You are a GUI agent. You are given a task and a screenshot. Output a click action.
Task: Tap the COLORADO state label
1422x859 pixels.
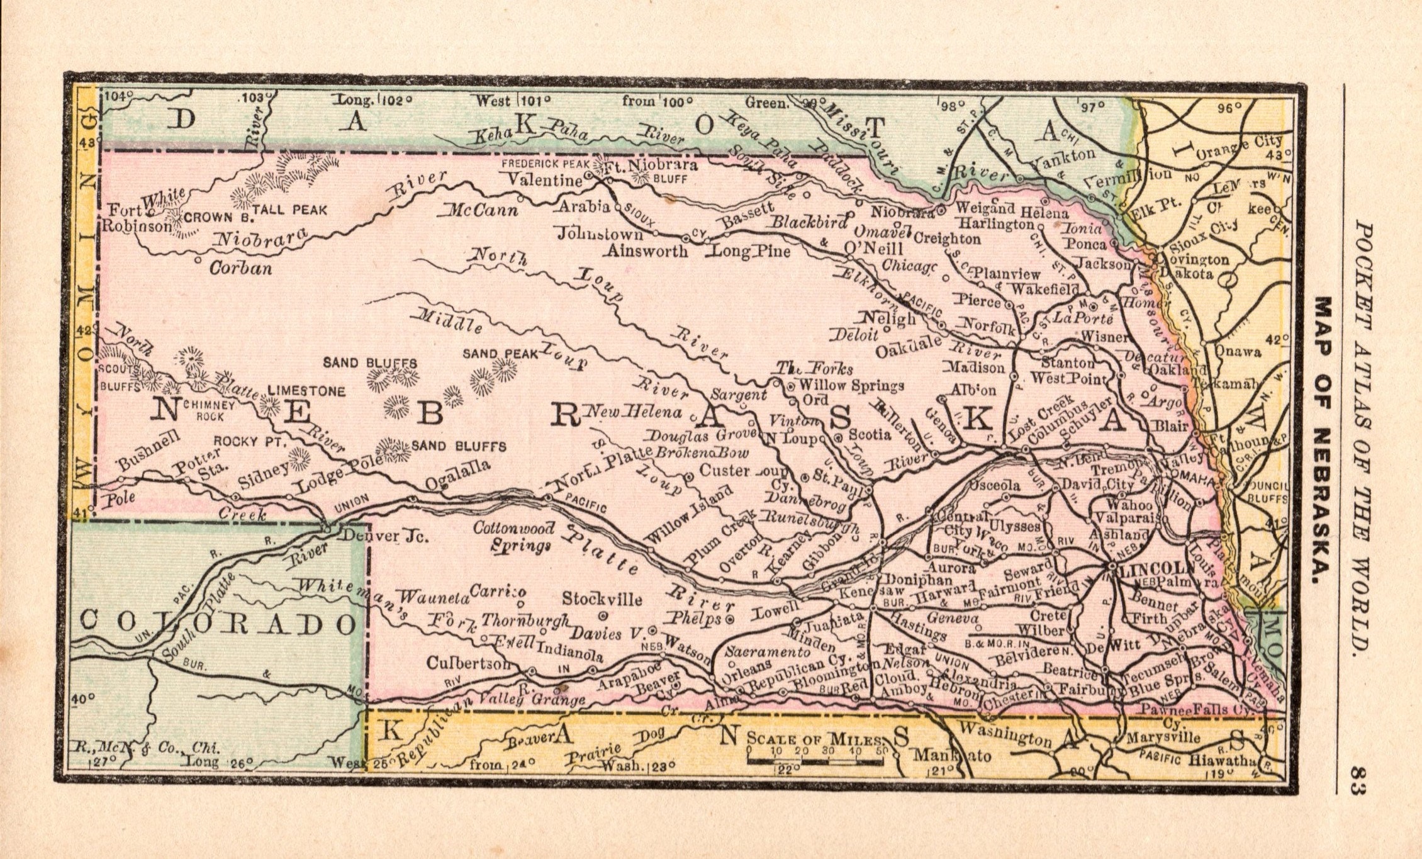[218, 624]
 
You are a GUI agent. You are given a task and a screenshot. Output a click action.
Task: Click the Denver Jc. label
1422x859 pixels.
[383, 537]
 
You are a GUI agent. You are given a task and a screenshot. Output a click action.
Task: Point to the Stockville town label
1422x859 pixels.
[602, 598]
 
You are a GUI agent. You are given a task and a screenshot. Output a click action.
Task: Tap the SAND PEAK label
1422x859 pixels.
[500, 354]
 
